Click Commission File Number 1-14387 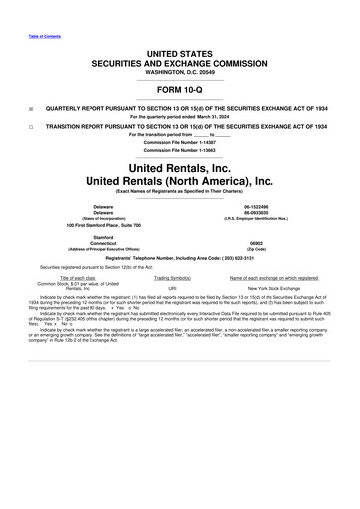(x=180, y=143)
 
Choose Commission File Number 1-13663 (x=180, y=149)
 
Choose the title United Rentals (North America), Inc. (x=179, y=181)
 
